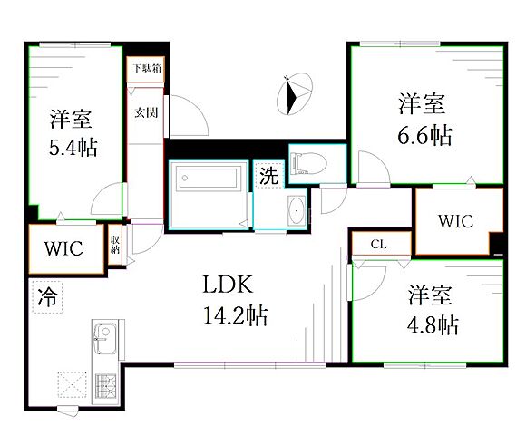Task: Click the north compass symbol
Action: point(295,94)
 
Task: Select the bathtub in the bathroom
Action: point(209,178)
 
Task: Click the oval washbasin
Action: point(297,210)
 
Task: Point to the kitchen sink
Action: point(105,338)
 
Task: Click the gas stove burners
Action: point(106,386)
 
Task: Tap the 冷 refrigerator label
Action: point(47,297)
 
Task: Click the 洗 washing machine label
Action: point(269,175)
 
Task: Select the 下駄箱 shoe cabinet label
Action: point(147,68)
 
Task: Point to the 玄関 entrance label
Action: point(146,112)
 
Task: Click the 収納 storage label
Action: point(115,245)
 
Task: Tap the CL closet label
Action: point(379,245)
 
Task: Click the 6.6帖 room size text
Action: point(424,135)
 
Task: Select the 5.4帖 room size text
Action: point(73,148)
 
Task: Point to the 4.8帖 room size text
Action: point(433,324)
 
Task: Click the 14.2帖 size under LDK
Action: point(236,315)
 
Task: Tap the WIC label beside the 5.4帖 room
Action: point(63,248)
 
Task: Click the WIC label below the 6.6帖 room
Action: point(455,221)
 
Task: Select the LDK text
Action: point(228,285)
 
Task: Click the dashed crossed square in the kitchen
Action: point(73,385)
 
